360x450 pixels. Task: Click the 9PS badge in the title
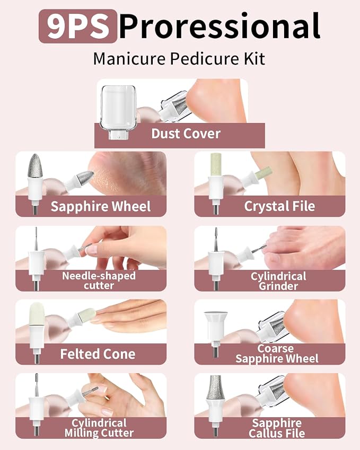pos(78,26)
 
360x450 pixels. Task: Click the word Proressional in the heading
pos(219,26)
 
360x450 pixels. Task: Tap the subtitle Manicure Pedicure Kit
pos(179,59)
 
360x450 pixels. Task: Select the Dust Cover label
pos(186,134)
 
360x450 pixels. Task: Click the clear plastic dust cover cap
pos(118,112)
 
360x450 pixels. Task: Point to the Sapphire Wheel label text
pos(101,206)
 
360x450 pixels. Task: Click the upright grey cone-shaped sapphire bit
pos(35,166)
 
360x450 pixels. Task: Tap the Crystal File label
pos(279,206)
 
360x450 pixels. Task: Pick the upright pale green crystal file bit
pos(216,164)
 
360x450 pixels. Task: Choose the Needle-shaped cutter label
pos(99,280)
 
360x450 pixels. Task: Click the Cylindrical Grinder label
pos(278,281)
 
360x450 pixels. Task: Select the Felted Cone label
pos(98,354)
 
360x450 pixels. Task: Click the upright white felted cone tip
pos(37,313)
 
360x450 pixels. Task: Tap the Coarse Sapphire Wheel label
pos(277,354)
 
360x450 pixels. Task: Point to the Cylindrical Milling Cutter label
pos(99,428)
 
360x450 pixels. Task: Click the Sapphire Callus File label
pos(277,428)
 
